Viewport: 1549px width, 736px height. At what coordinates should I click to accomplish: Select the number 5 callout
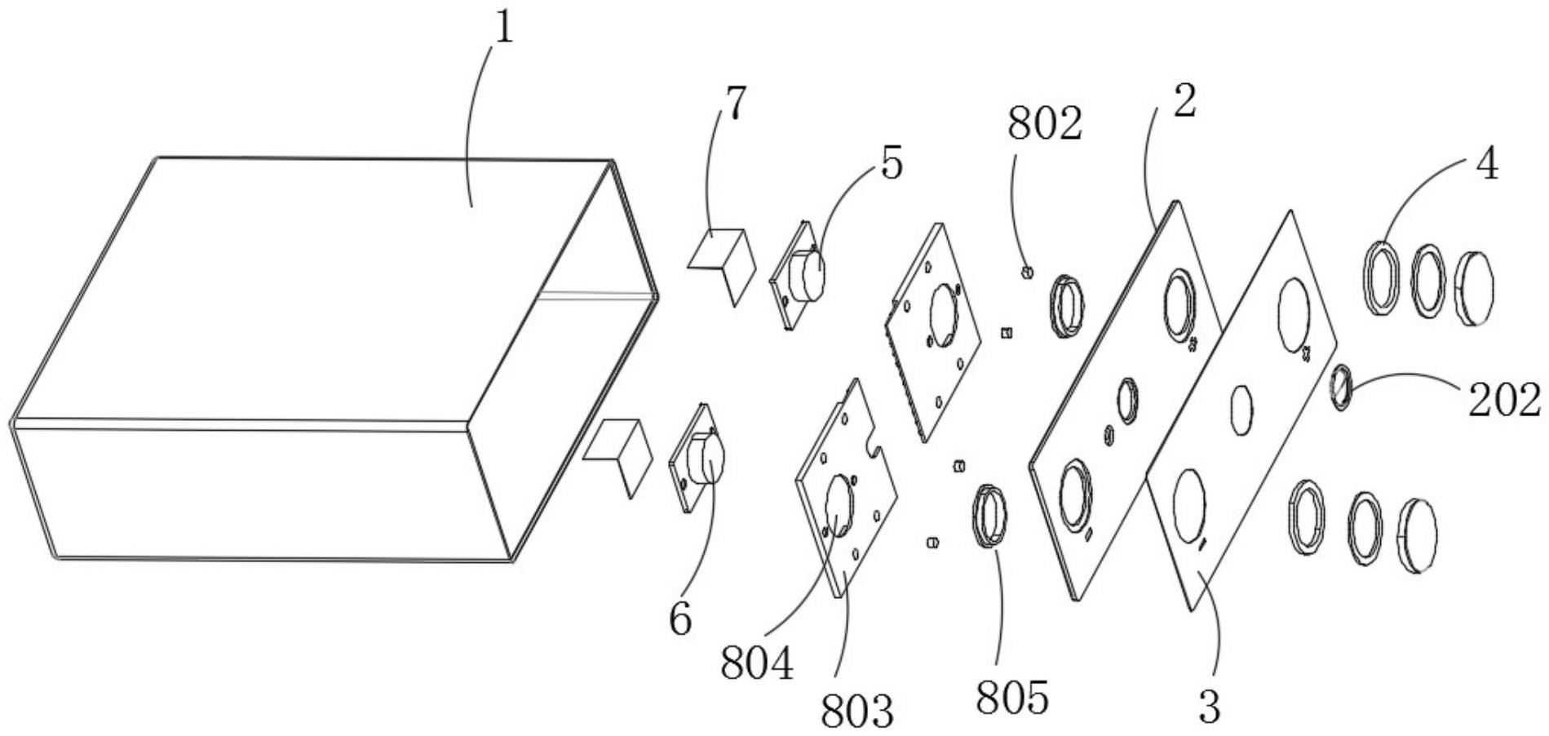coord(892,164)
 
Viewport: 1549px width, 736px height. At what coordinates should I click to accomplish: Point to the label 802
coord(1044,125)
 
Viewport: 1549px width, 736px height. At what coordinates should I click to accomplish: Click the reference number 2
coord(1184,101)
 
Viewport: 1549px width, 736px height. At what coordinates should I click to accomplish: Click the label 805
coord(1011,698)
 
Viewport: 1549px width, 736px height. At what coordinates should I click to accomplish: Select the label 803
coord(856,712)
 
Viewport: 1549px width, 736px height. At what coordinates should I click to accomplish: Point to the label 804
coord(756,664)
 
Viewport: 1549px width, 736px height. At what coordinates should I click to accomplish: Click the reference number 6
coord(680,619)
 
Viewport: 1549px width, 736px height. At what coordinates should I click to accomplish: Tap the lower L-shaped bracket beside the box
coord(622,453)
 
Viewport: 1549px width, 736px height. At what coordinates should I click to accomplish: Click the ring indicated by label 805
coord(989,517)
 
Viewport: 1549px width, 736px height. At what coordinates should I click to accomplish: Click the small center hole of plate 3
coord(1241,408)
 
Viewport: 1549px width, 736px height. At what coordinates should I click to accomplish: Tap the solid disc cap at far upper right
coord(1475,289)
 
